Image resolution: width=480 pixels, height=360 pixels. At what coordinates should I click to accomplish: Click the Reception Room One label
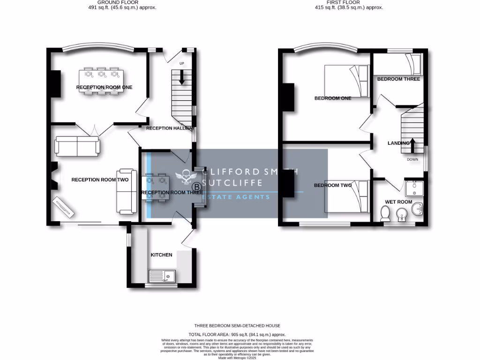pos(104,87)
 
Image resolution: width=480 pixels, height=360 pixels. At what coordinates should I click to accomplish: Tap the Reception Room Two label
pos(100,180)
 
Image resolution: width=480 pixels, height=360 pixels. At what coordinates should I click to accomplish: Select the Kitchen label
pos(161,255)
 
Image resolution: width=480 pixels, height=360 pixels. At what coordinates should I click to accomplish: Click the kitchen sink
pos(161,276)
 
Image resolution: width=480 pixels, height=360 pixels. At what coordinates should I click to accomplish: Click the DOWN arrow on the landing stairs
pos(412,145)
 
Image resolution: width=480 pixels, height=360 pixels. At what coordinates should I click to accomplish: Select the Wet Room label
pos(398,202)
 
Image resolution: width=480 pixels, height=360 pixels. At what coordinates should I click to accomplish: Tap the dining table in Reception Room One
pos(101,82)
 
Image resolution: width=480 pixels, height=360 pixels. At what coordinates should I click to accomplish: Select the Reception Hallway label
pos(168,128)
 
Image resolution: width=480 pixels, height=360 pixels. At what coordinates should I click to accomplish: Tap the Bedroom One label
pos(332,98)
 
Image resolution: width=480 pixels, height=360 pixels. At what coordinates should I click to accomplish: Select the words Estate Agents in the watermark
pos(236,197)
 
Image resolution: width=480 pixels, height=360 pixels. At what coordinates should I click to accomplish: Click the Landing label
pos(398,143)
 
